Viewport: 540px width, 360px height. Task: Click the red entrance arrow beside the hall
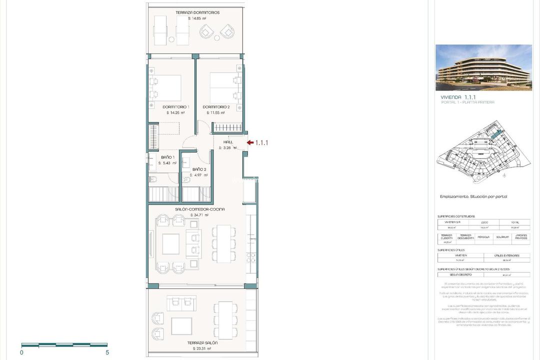coord(250,142)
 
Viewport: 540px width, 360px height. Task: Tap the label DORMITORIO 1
coord(175,107)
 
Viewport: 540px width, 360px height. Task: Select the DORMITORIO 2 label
coord(216,107)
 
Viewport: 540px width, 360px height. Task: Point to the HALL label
coord(228,142)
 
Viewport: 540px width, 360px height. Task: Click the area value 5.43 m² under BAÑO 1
coord(167,163)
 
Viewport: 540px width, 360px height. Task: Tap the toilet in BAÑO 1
coord(153,180)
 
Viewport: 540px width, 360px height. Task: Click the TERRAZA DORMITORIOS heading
coord(197,12)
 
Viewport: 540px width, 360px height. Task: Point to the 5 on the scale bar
coord(107,352)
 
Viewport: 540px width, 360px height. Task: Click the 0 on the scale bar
coord(21,352)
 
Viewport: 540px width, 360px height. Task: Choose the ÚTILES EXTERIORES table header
coord(506,255)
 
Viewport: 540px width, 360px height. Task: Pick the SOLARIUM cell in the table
coord(502,237)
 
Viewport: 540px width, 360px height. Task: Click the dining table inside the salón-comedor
coord(223,243)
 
